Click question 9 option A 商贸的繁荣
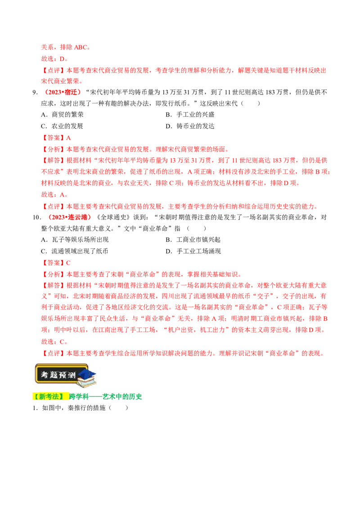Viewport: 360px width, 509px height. pos(62,115)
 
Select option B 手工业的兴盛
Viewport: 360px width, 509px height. pos(190,115)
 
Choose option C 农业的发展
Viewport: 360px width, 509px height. pos(62,126)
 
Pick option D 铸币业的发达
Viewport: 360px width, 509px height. pos(190,126)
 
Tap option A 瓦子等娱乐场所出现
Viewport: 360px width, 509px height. pos(75,240)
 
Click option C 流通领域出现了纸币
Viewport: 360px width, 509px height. pos(74,251)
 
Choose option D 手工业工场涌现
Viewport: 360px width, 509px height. pos(193,251)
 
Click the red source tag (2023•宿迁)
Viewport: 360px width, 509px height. pos(63,92)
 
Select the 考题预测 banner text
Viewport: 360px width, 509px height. pos(58,375)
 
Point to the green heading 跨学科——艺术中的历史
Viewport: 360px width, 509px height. pos(105,396)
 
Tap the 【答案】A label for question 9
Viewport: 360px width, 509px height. pos(56,138)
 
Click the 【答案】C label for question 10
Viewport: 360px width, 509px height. pos(56,263)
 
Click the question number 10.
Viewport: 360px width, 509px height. pos(37,217)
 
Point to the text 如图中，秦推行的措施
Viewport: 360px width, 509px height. pos(74,408)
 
